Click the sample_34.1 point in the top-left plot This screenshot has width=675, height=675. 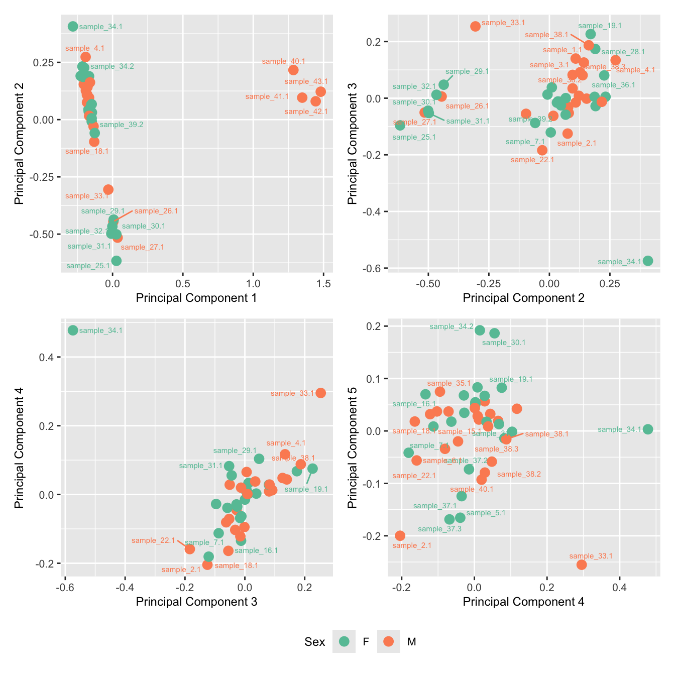73,26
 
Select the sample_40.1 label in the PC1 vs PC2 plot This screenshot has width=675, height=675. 284,61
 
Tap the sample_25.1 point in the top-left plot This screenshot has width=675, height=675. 116,261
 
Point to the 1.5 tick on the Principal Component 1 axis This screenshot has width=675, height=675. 324,284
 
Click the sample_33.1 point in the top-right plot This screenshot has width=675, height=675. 475,26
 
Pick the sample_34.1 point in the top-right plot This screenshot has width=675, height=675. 648,261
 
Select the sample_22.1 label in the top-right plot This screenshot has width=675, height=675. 532,160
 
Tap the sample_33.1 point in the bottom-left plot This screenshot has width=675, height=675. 320,393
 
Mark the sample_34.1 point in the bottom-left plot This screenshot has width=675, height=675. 73,330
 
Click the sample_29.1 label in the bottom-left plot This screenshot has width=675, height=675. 235,451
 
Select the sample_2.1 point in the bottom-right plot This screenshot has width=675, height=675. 400,536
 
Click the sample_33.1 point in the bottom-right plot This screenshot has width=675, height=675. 582,565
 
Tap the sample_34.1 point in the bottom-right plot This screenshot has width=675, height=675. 648,429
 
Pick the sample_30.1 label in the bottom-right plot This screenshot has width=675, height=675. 504,343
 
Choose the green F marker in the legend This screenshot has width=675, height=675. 344,641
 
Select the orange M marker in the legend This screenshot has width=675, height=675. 388,641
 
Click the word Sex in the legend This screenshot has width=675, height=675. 314,642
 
